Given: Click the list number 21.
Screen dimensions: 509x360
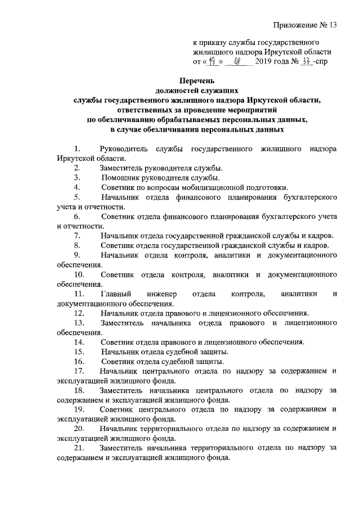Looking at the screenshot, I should (79, 448).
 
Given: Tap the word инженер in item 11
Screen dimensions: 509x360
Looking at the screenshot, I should (163, 294).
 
